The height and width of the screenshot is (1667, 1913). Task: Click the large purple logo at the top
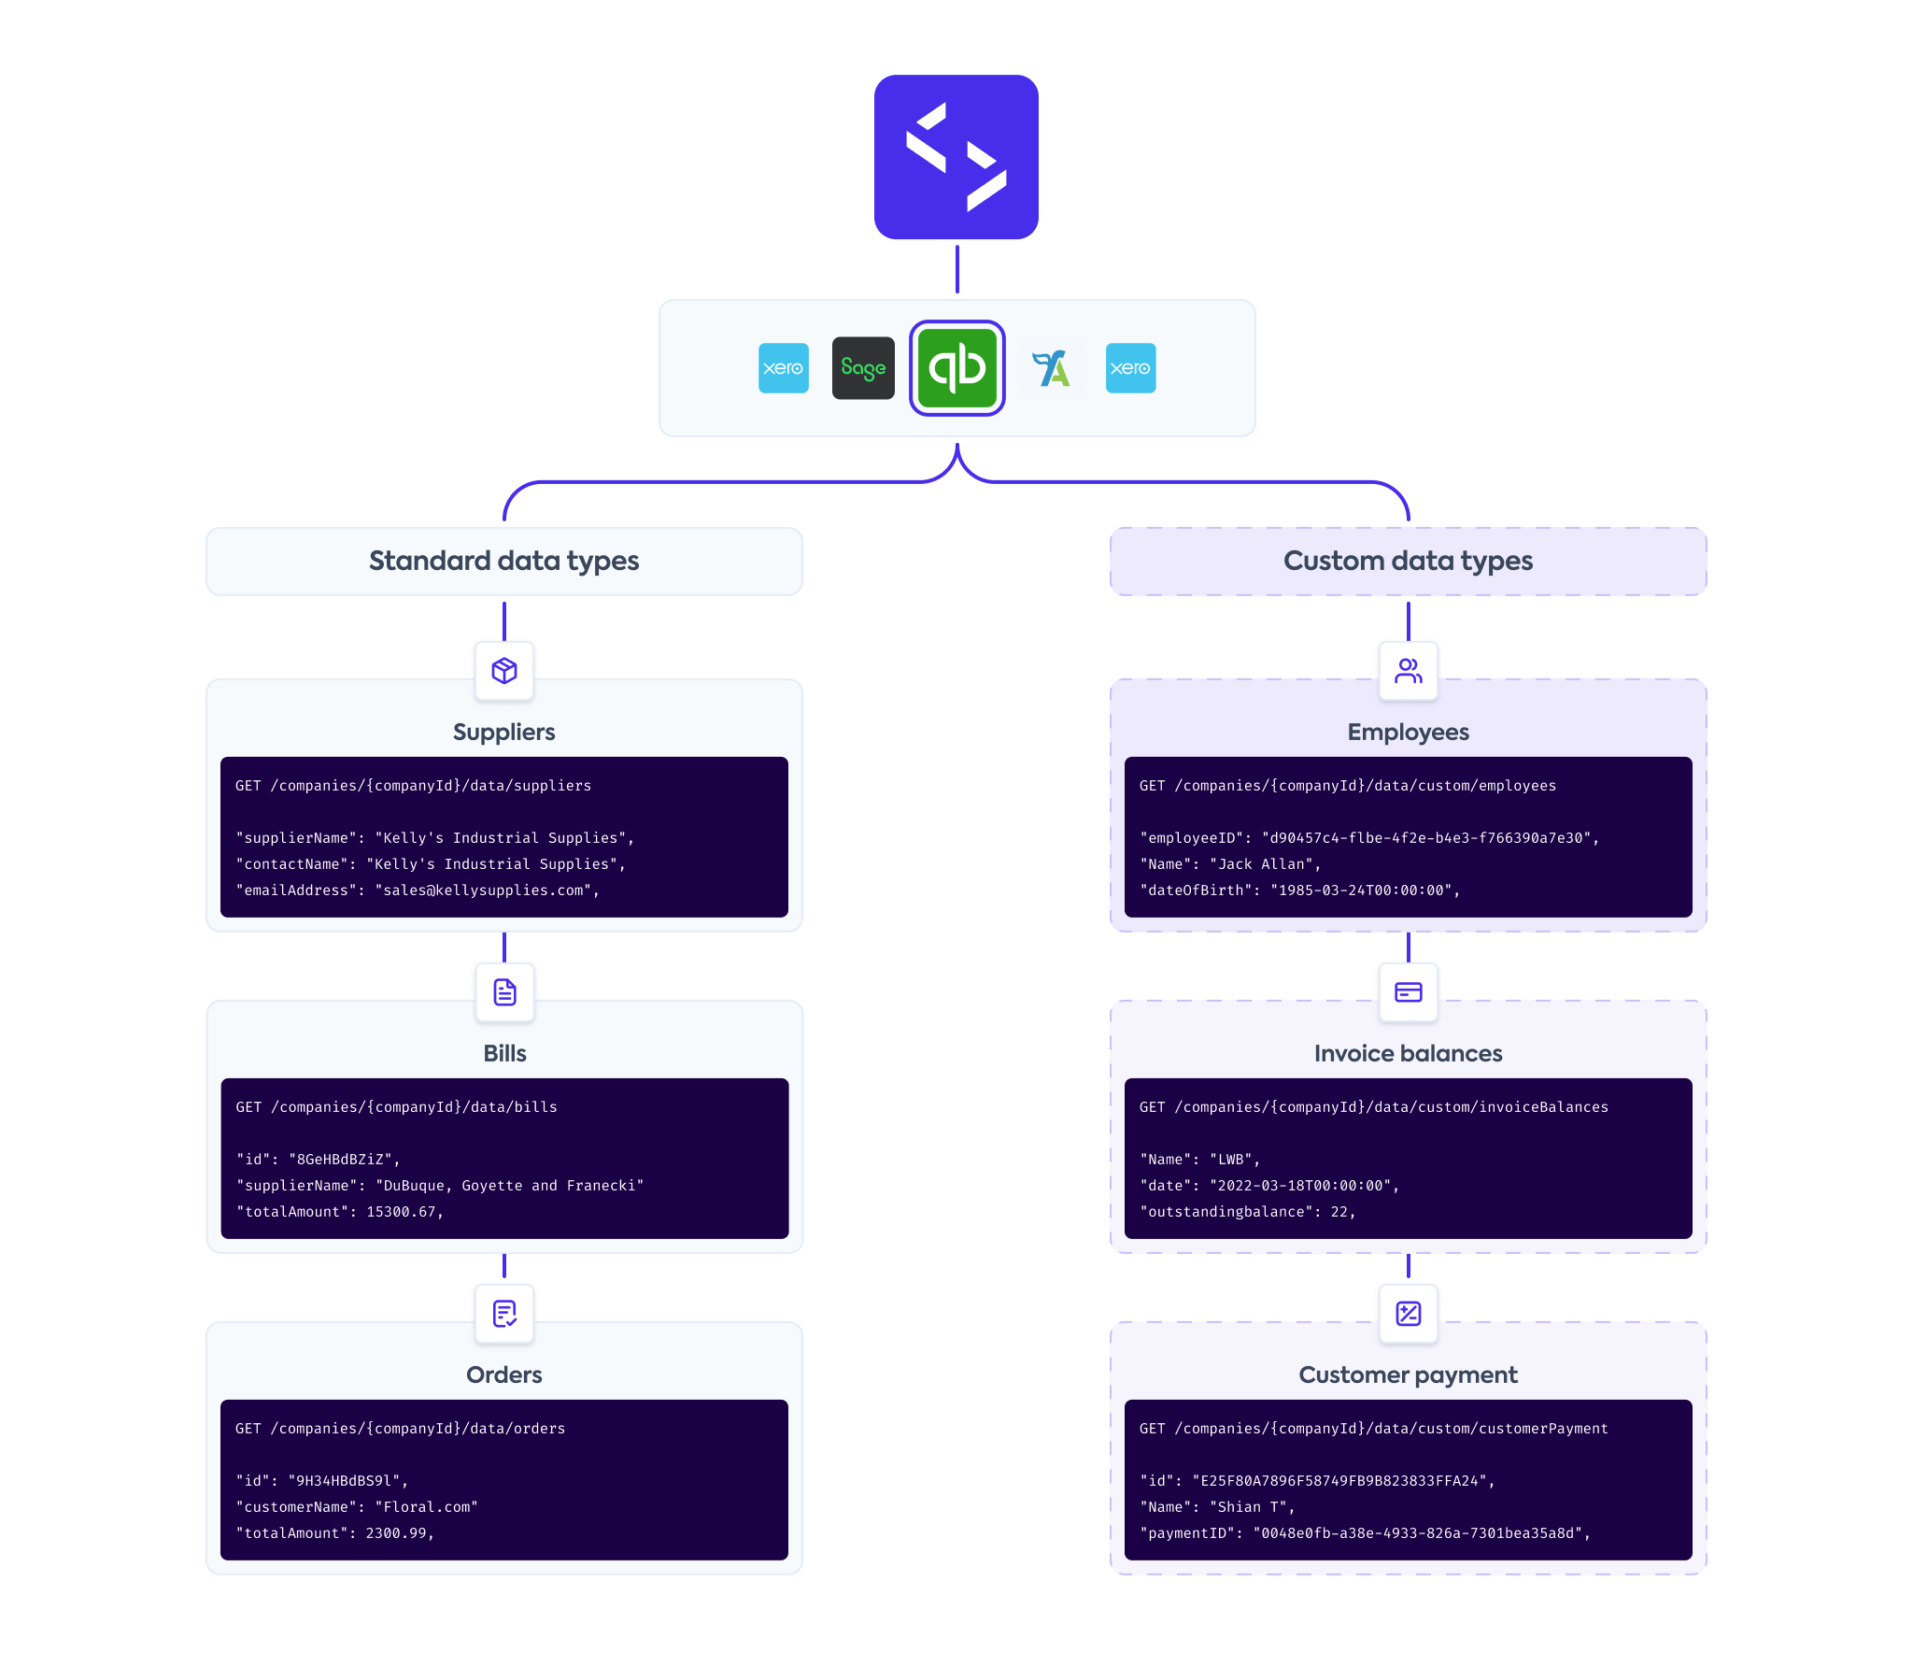(956, 157)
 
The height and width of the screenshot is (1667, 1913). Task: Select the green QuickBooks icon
(956, 367)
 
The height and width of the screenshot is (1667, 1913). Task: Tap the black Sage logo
(863, 367)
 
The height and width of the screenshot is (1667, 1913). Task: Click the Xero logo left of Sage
(783, 367)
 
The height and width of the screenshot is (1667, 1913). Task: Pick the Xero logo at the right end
(1130, 367)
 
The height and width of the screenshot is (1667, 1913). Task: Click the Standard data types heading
(503, 561)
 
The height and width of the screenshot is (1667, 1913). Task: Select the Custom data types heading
(1408, 561)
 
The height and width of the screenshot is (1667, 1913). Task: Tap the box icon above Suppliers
(504, 670)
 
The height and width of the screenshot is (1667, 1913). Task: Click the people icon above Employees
(1408, 670)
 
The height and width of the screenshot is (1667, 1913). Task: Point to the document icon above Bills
(504, 991)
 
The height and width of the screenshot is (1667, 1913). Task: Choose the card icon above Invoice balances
(1408, 991)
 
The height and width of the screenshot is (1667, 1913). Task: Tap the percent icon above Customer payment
(1408, 1313)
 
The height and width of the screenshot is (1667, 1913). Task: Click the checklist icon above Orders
(504, 1313)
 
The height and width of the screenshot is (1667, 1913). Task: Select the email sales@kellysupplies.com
(484, 890)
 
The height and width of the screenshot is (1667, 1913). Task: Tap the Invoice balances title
(1408, 1053)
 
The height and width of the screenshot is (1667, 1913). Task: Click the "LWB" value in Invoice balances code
(1230, 1160)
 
